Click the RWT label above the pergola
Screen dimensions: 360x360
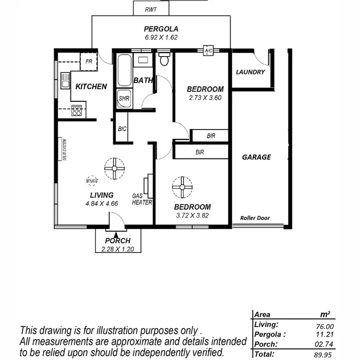coord(151,9)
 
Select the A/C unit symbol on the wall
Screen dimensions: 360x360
coord(208,51)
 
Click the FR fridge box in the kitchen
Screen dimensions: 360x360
coord(89,61)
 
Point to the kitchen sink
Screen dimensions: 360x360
coord(65,81)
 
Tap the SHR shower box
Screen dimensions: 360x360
coord(124,98)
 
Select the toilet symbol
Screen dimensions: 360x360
coord(164,59)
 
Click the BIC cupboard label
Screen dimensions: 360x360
coord(122,129)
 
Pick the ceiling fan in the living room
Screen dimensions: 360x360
coord(114,168)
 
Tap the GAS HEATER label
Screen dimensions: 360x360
coord(142,199)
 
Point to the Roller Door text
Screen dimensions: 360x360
coord(255,218)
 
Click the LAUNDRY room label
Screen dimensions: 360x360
coord(250,72)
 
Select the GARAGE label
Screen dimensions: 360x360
coord(256,157)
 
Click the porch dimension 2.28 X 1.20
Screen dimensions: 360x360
coord(118,249)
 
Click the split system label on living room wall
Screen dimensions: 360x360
coord(64,150)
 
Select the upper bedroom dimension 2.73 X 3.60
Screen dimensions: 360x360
coord(205,97)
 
